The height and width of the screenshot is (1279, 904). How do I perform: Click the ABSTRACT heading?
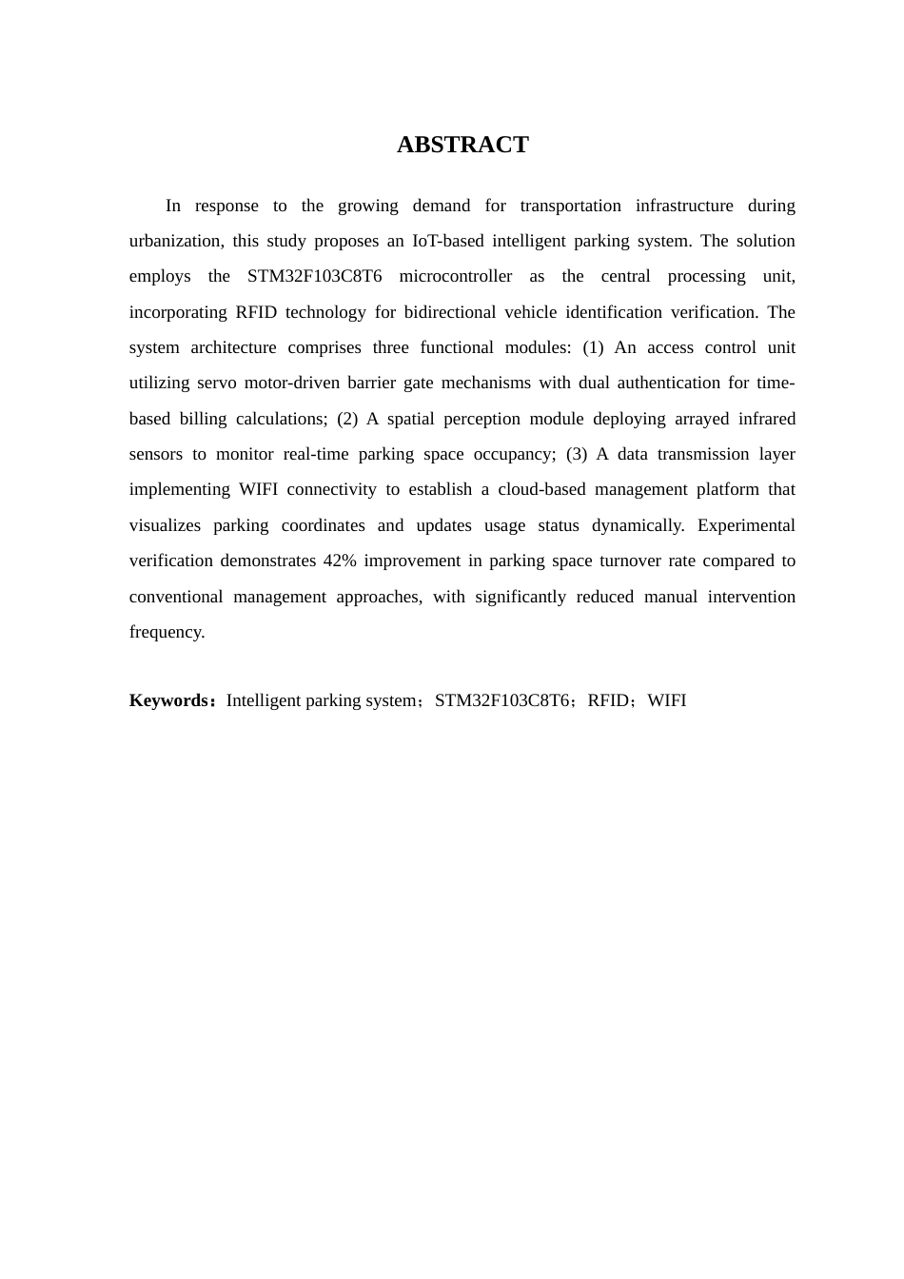(462, 145)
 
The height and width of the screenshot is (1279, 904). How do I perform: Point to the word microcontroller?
(455, 276)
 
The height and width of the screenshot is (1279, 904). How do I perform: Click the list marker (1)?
(593, 347)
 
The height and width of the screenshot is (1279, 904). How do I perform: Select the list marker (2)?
(347, 419)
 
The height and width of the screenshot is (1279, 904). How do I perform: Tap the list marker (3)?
(577, 454)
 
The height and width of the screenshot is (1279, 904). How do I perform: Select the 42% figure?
(340, 561)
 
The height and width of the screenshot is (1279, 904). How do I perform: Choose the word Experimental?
(746, 525)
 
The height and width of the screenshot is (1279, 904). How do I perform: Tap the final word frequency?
(167, 632)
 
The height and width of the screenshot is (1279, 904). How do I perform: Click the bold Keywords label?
(168, 700)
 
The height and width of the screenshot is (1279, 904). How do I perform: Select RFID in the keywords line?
(608, 700)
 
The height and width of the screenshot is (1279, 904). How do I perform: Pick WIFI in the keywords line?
(666, 700)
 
